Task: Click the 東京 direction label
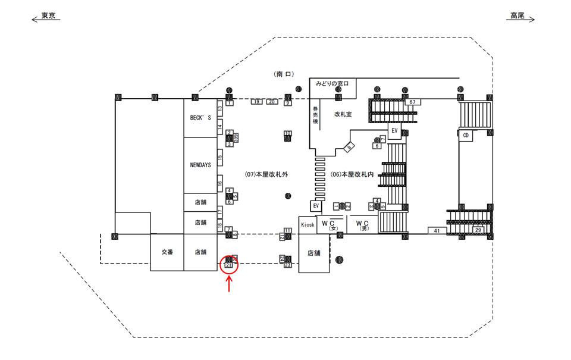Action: click(x=48, y=16)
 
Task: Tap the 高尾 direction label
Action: click(x=517, y=16)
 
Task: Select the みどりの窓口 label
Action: click(x=336, y=83)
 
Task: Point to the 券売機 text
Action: click(x=316, y=115)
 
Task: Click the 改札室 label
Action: click(x=343, y=114)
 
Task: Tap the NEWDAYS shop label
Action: click(x=200, y=165)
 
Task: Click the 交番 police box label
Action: click(x=167, y=252)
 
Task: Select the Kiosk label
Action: click(x=308, y=224)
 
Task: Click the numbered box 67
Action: click(x=412, y=102)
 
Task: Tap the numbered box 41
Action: click(x=437, y=230)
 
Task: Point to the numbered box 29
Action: click(x=478, y=230)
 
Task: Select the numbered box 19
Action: click(x=256, y=102)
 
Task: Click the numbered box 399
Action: click(x=236, y=137)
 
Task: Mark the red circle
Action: click(x=229, y=265)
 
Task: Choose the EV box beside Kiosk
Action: click(x=316, y=206)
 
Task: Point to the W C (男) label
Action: click(x=363, y=224)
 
